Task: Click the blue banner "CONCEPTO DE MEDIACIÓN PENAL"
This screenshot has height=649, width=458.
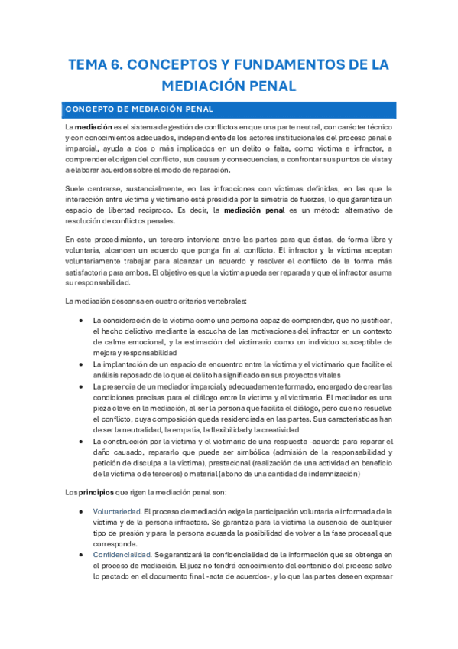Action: [229, 108]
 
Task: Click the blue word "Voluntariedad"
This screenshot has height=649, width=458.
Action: [116, 511]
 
